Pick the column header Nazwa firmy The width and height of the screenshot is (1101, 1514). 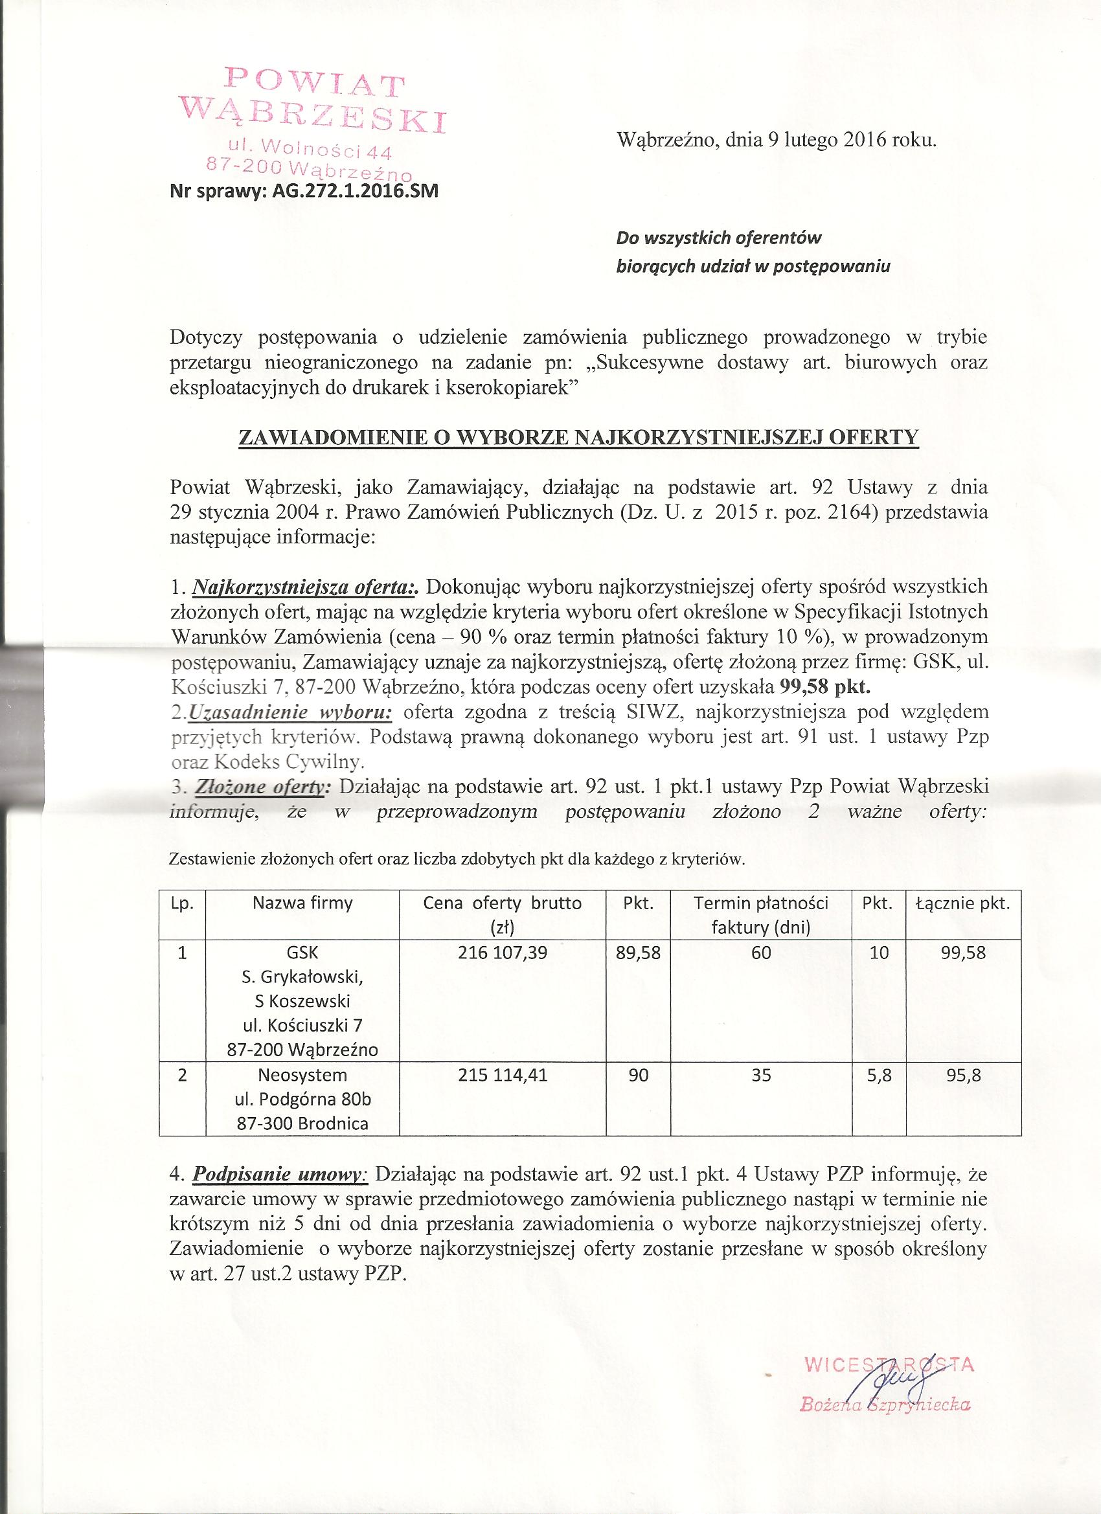tap(302, 904)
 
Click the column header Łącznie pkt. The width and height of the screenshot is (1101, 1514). tap(964, 904)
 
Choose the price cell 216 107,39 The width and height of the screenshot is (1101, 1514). tap(503, 953)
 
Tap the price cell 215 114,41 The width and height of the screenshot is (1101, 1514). tap(503, 1076)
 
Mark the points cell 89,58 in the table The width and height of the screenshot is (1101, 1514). tap(639, 953)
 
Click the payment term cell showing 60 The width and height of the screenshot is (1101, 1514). tap(760, 953)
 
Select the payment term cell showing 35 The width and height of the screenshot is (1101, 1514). tap(760, 1076)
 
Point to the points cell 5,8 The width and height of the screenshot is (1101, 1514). tap(880, 1076)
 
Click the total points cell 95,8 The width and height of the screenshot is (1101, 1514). tap(964, 1076)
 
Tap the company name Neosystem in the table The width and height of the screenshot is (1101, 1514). tap(302, 1076)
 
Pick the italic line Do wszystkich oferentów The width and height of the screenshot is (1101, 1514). tap(719, 238)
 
